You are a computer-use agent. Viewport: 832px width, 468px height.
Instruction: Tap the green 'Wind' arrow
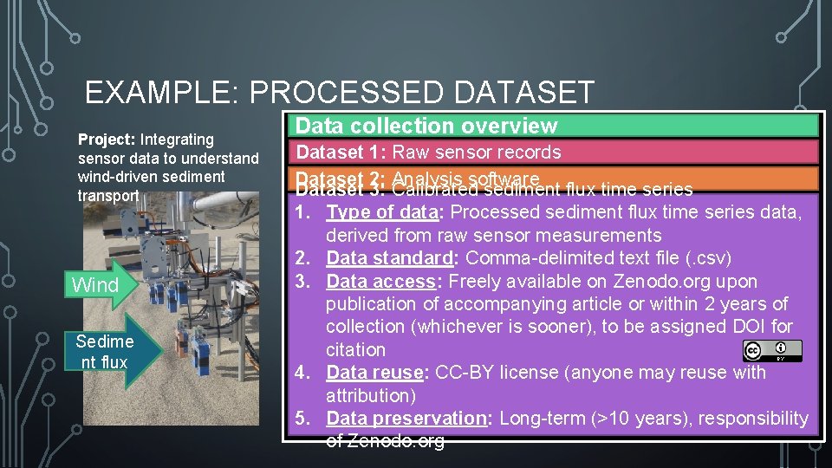pyautogui.click(x=95, y=285)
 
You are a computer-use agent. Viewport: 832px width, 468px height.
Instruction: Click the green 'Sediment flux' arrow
pyautogui.click(x=104, y=352)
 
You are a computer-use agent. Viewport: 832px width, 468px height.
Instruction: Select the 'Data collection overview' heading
pyautogui.click(x=427, y=127)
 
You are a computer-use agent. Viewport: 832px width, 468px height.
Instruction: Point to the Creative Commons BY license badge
pyautogui.click(x=771, y=350)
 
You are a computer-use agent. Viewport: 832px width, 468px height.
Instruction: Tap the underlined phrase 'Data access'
pyautogui.click(x=380, y=282)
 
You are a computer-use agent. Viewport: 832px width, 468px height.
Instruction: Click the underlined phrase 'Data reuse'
pyautogui.click(x=376, y=373)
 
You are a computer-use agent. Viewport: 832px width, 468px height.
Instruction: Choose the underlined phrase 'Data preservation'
pyautogui.click(x=406, y=419)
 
